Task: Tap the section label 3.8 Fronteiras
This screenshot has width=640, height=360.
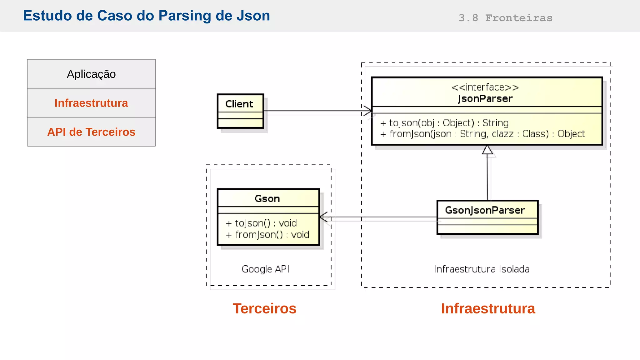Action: coord(505,18)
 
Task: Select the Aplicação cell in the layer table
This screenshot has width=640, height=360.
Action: coord(91,74)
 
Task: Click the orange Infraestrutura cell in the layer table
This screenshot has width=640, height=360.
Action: coord(91,103)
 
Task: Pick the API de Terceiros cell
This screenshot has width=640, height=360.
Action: coord(91,132)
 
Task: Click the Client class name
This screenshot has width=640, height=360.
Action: coord(239,104)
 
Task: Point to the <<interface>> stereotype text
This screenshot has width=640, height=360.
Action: coord(485,87)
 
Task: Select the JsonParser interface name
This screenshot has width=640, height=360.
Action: coord(485,99)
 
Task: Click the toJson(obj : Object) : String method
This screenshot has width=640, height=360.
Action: coord(444,123)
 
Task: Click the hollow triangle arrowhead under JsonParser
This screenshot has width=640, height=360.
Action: coord(487,150)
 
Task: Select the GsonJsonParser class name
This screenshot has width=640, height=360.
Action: coord(485,210)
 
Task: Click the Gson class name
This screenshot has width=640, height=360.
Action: coord(267,199)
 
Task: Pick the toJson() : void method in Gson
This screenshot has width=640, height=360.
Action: coord(261,223)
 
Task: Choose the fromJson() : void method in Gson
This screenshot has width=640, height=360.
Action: coord(267,234)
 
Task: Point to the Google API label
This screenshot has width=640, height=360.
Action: coord(265,269)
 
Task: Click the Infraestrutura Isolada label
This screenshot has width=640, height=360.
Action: coord(482,269)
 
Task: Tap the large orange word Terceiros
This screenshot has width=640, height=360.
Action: coord(264,308)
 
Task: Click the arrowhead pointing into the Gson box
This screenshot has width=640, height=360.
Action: coord(323,217)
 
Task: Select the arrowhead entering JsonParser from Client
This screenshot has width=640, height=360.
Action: coord(368,111)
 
